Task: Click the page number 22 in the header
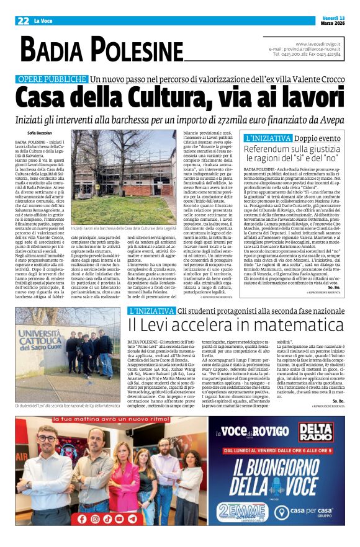point(23,20)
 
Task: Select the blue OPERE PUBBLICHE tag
point(52,80)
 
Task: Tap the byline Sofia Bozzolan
point(40,132)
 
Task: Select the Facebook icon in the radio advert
point(79,518)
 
